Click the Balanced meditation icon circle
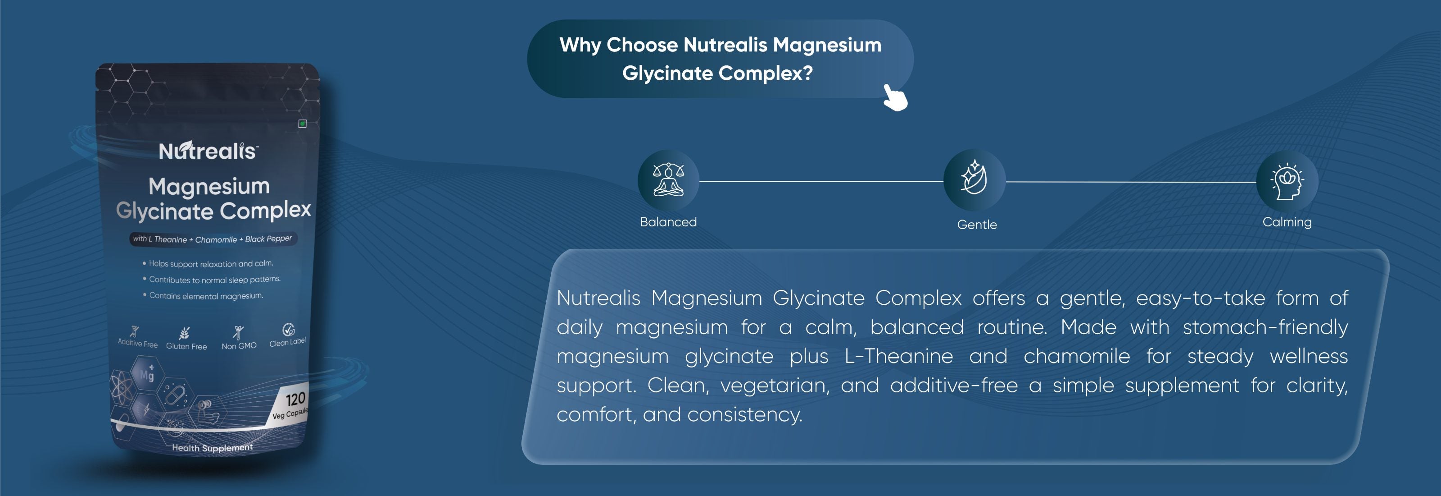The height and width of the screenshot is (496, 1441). coord(668,180)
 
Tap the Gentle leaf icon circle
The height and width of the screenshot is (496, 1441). coord(974,180)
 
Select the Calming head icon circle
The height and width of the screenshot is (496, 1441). coord(1287,181)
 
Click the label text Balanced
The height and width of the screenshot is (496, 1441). coord(668,222)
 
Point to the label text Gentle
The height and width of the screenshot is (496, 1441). coord(977,225)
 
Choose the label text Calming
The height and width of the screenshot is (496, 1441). coord(1287,222)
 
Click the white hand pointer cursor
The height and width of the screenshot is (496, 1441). coord(895,97)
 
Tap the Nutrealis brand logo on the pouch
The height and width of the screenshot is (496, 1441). coord(208,151)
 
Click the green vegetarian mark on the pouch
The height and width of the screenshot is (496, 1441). coord(303,124)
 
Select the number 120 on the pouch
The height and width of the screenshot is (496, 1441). coord(295,399)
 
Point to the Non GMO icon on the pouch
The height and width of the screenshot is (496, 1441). coord(238,332)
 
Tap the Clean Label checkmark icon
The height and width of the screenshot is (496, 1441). coord(288,330)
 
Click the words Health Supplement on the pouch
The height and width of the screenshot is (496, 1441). coord(212,448)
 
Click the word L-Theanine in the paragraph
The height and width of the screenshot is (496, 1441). coord(898,356)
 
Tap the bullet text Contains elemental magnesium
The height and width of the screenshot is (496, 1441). coord(206,296)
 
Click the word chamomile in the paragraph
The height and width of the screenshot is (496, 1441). coord(1076,356)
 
